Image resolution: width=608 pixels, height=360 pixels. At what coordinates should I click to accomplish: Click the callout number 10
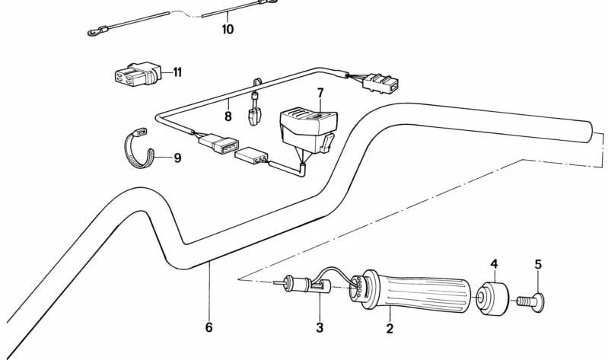tap(228, 30)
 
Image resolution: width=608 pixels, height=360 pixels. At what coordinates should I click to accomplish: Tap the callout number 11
tap(177, 73)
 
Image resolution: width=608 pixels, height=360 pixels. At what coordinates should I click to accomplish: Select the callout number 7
tap(320, 94)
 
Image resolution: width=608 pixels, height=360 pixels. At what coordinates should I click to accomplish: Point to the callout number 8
tap(228, 116)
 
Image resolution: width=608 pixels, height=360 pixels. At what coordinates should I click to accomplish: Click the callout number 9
tap(177, 158)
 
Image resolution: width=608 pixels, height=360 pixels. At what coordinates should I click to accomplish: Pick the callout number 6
tap(209, 327)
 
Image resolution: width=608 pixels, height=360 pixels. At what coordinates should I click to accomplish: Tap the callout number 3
tap(320, 328)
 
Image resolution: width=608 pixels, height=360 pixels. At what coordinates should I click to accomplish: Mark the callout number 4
tap(494, 264)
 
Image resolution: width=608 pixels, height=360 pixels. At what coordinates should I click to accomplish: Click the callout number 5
tap(538, 265)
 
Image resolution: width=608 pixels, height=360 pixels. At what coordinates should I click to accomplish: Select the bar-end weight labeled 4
tap(493, 296)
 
